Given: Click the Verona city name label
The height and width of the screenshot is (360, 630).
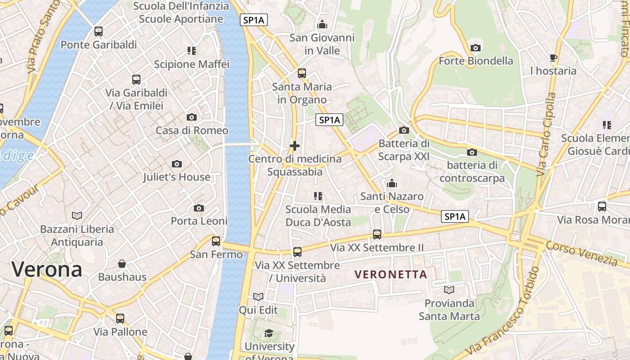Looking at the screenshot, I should coord(47,270).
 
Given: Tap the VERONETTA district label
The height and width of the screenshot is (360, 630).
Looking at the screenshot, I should coord(391,274).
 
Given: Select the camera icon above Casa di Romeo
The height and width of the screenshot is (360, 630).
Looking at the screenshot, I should coord(192,117).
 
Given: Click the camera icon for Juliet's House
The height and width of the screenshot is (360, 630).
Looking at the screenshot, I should coord(177,164).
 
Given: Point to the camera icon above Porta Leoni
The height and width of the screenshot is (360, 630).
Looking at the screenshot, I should coord(199,208).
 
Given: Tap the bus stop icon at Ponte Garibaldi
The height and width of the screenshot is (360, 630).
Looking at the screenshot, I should coord(99,31).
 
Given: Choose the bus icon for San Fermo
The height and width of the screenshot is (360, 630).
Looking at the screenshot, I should coord(216,241).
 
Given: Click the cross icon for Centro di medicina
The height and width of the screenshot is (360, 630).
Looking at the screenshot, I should coord(295,146).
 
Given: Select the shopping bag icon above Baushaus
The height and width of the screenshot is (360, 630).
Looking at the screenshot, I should coord(122,264).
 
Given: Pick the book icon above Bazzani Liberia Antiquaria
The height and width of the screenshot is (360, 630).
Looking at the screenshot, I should coord(77,216).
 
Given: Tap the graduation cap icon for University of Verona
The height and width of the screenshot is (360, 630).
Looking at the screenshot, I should coord(269,333).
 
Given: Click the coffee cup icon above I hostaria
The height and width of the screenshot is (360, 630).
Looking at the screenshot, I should coord(553,58).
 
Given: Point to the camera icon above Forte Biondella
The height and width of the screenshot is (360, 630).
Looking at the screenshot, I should coord(475,48).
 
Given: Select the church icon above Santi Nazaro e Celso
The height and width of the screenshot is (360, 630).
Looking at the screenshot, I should coord(392,183).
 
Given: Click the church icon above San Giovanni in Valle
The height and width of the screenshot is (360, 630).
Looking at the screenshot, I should coord(322,24).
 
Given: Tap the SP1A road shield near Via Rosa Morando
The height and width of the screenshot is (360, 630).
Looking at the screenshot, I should coord(455,216).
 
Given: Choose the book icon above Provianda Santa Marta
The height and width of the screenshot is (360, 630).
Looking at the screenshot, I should coord(449,290).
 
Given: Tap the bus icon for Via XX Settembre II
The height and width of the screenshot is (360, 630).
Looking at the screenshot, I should coord(377,234).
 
